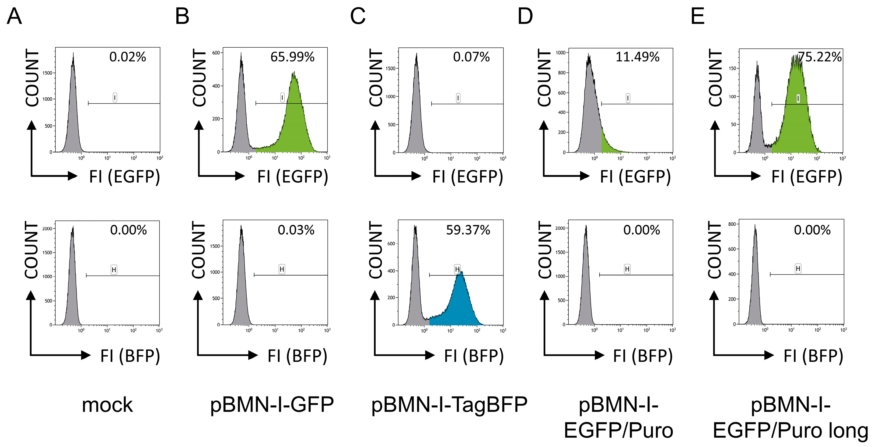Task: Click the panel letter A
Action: pyautogui.click(x=14, y=16)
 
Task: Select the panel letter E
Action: pyautogui.click(x=698, y=16)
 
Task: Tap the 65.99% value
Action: pyautogui.click(x=292, y=57)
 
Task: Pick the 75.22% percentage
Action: pyautogui.click(x=819, y=57)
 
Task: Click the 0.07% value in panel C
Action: pyautogui.click(x=471, y=57)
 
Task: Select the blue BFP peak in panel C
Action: pyautogui.click(x=460, y=302)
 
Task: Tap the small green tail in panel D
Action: pyautogui.click(x=607, y=144)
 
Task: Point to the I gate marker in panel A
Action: pyautogui.click(x=115, y=98)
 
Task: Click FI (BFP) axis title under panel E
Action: pyautogui.click(x=813, y=356)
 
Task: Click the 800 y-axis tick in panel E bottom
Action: pyautogui.click(x=732, y=224)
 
